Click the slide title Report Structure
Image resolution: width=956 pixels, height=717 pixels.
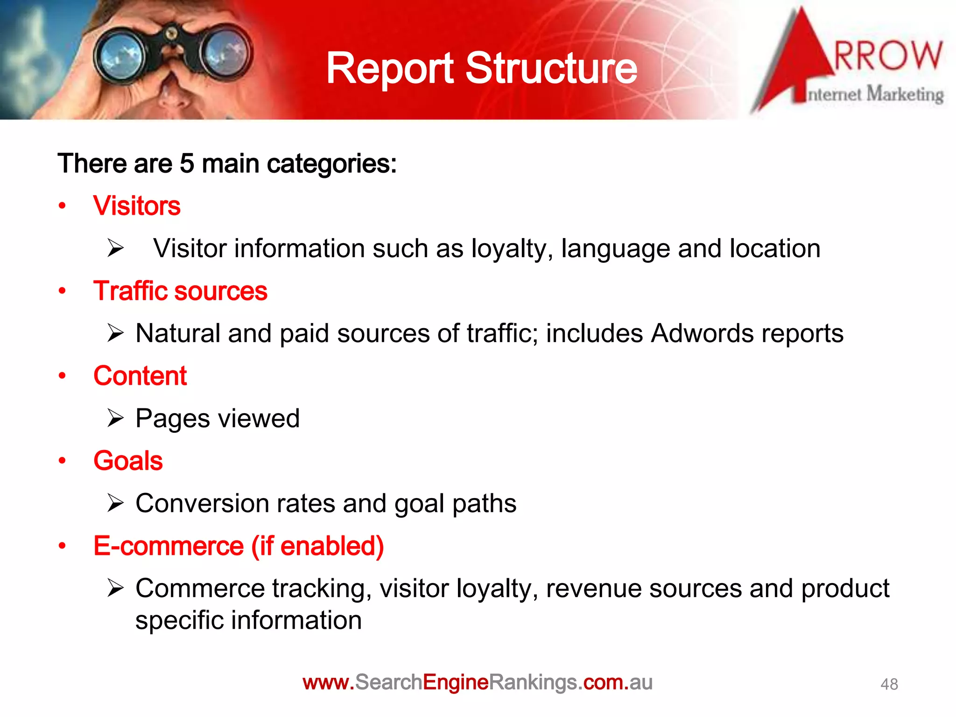(x=481, y=69)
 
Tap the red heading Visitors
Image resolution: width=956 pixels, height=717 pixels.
(x=137, y=206)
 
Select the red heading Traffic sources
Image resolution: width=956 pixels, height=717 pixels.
(x=180, y=291)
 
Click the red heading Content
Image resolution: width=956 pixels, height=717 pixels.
(x=140, y=376)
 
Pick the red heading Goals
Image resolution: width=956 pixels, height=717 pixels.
(x=128, y=461)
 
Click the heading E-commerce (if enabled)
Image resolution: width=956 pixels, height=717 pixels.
(x=239, y=546)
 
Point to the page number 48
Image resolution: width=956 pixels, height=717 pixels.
(x=889, y=684)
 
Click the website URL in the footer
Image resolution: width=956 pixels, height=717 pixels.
(x=477, y=682)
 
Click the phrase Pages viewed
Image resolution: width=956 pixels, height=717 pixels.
(x=218, y=418)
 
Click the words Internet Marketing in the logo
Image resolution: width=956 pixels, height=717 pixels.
(x=875, y=95)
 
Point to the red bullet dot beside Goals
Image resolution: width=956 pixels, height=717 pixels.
(x=63, y=461)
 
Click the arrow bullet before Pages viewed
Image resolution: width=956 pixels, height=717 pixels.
(x=115, y=418)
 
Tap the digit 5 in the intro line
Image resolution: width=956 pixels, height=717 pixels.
(x=187, y=164)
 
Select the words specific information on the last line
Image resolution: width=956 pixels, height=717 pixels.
(x=248, y=620)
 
